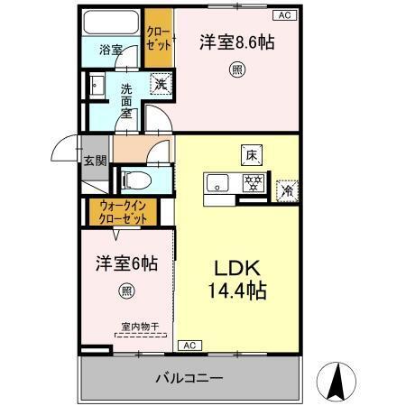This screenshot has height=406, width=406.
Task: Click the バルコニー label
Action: pyautogui.click(x=192, y=376)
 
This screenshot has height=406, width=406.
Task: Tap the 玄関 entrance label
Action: pyautogui.click(x=95, y=161)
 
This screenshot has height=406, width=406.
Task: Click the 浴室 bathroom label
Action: pyautogui.click(x=111, y=51)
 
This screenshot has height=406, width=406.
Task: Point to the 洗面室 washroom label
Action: pyautogui.click(x=127, y=101)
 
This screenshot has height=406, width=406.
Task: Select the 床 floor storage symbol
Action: pyautogui.click(x=251, y=154)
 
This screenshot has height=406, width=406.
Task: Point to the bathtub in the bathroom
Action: pyautogui.click(x=112, y=23)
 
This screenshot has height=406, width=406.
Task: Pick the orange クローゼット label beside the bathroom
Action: pyautogui.click(x=158, y=38)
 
